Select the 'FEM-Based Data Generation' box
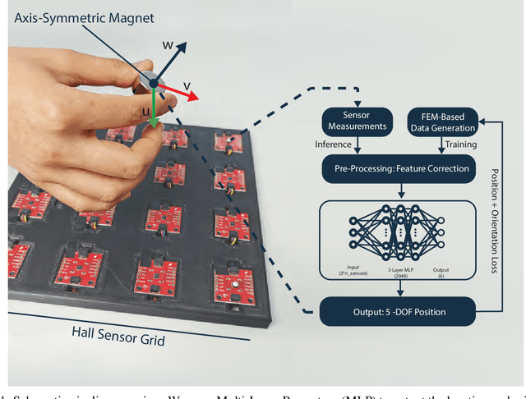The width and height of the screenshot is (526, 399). (x=441, y=122)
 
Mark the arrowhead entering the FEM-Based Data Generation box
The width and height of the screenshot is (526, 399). (x=480, y=122)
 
